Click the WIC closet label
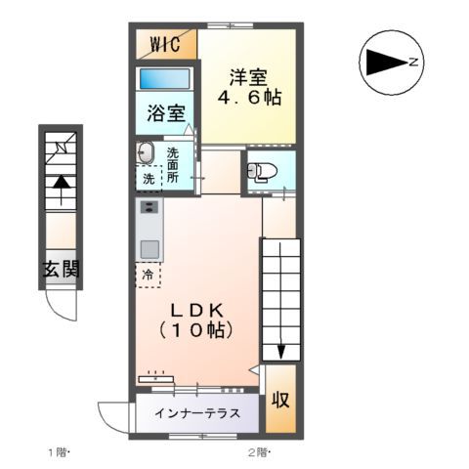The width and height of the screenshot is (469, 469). click(x=165, y=44)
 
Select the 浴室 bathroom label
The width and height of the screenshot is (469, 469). click(x=165, y=112)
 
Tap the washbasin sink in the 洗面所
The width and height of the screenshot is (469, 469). click(x=146, y=152)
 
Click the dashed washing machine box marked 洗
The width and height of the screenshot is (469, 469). click(x=149, y=179)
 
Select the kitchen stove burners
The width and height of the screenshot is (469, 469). click(x=149, y=207)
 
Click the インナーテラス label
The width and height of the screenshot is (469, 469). click(x=196, y=412)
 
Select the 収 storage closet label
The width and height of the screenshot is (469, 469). click(x=280, y=401)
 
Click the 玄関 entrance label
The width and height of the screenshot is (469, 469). click(x=60, y=270)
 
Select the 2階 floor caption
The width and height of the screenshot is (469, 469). click(x=260, y=451)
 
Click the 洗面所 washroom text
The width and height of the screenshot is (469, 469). click(x=173, y=165)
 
